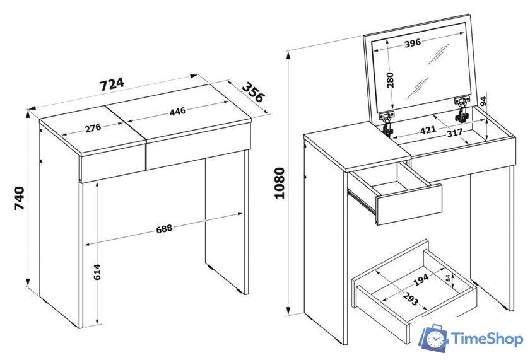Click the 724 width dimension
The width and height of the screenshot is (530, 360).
pyautogui.click(x=112, y=84)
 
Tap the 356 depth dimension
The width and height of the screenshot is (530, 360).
pyautogui.click(x=253, y=92)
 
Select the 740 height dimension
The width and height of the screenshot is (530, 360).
pyautogui.click(x=20, y=198)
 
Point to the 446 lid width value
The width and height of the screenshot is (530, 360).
pyautogui.click(x=178, y=111)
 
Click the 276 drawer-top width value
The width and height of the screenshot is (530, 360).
pyautogui.click(x=93, y=128)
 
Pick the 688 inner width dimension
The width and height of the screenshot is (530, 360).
pyautogui.click(x=164, y=229)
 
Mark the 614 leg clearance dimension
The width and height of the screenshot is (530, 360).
pyautogui.click(x=97, y=272)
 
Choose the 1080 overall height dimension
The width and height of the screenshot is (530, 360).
pyautogui.click(x=280, y=183)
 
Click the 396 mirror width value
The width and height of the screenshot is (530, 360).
pyautogui.click(x=413, y=43)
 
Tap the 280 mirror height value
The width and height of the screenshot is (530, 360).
pyautogui.click(x=391, y=80)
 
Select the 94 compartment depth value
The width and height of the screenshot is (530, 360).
pyautogui.click(x=483, y=102)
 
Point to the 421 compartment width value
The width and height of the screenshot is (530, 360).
pyautogui.click(x=428, y=129)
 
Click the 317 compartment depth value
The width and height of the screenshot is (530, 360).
pyautogui.click(x=455, y=133)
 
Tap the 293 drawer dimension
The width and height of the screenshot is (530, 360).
pyautogui.click(x=411, y=299)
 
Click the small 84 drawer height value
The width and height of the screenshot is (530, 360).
pyautogui.click(x=448, y=278)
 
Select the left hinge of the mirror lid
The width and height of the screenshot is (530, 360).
pyautogui.click(x=388, y=124)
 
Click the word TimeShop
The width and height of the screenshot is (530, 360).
pyautogui.click(x=487, y=339)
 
